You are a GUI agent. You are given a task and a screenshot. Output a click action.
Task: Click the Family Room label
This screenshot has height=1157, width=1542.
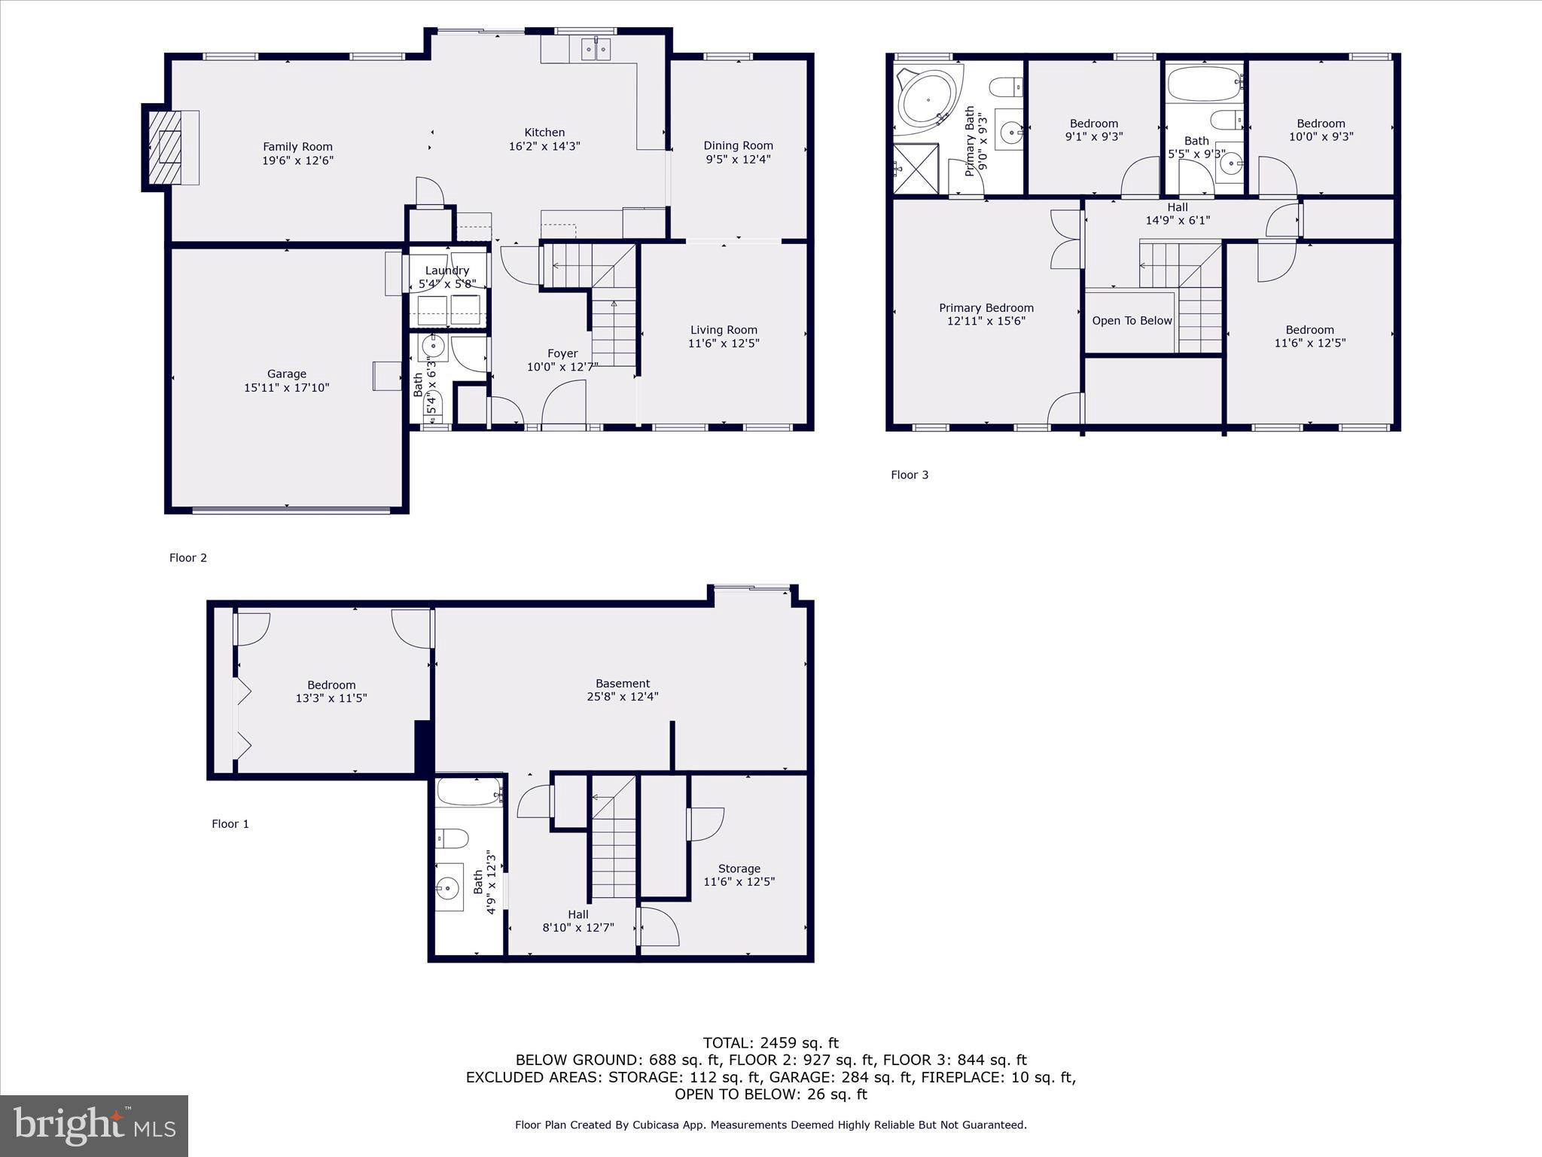pyautogui.click(x=297, y=147)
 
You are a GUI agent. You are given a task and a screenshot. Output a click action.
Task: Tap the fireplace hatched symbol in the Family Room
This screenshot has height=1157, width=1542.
pyautogui.click(x=165, y=147)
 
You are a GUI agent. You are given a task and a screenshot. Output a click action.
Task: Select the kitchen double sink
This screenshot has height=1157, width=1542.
pyautogui.click(x=596, y=49)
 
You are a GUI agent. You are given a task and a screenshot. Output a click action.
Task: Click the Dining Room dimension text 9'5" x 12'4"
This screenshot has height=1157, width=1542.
pyautogui.click(x=738, y=160)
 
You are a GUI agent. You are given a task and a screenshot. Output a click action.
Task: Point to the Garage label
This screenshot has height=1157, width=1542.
pyautogui.click(x=286, y=374)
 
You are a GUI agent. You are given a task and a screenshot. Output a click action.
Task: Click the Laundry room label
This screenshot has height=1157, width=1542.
pyautogui.click(x=447, y=270)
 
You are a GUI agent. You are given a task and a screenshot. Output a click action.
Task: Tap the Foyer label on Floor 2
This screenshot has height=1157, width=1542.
pyautogui.click(x=562, y=353)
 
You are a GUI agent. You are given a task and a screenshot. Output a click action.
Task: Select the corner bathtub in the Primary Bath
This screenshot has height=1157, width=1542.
pyautogui.click(x=927, y=99)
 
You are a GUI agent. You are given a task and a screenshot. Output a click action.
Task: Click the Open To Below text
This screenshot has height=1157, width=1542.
pyautogui.click(x=1132, y=321)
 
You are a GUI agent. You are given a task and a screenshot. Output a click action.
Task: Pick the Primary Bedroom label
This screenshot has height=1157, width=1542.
pyautogui.click(x=986, y=307)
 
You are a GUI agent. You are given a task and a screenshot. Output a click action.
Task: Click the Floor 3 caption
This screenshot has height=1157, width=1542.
pyautogui.click(x=910, y=475)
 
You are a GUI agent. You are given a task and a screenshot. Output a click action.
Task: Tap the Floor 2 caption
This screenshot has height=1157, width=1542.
pyautogui.click(x=187, y=557)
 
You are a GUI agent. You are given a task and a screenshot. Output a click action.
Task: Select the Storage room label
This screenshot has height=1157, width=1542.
pyautogui.click(x=739, y=869)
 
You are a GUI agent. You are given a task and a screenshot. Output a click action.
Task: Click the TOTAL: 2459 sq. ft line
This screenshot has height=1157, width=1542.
pyautogui.click(x=770, y=1043)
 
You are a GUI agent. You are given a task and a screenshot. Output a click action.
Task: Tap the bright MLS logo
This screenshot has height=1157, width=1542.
pyautogui.click(x=94, y=1125)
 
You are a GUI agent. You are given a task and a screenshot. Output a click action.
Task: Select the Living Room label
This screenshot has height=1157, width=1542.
pyautogui.click(x=723, y=330)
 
